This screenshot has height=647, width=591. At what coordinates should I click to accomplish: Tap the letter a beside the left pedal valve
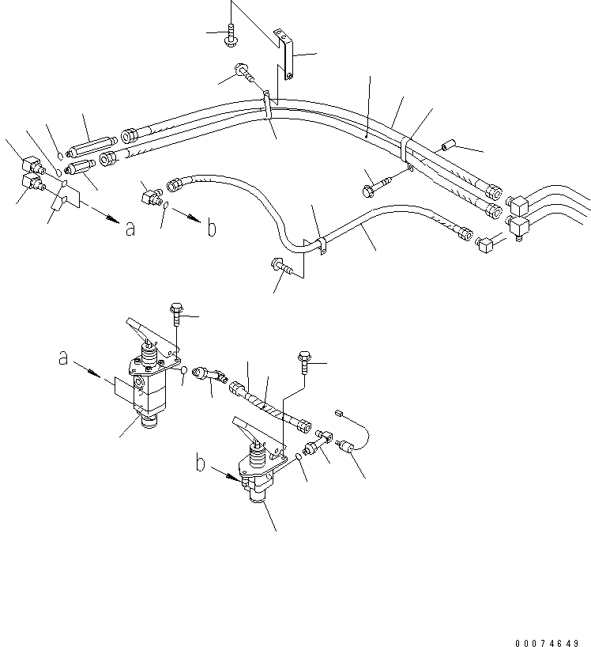pyautogui.click(x=63, y=358)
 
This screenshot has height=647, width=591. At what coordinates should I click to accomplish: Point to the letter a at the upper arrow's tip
pyautogui.click(x=130, y=229)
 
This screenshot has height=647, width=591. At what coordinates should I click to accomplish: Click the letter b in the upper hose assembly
pyautogui.click(x=211, y=228)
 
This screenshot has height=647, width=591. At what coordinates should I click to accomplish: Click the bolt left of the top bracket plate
pyautogui.click(x=232, y=34)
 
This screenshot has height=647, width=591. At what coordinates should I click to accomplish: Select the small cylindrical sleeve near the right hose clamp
pyautogui.click(x=450, y=146)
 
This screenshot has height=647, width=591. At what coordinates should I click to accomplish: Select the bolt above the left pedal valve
pyautogui.click(x=174, y=312)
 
